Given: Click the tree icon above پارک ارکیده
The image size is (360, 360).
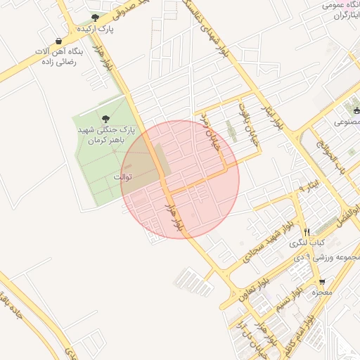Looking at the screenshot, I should tap(96, 18).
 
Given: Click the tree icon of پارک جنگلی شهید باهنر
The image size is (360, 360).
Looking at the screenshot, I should tap(105, 120).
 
